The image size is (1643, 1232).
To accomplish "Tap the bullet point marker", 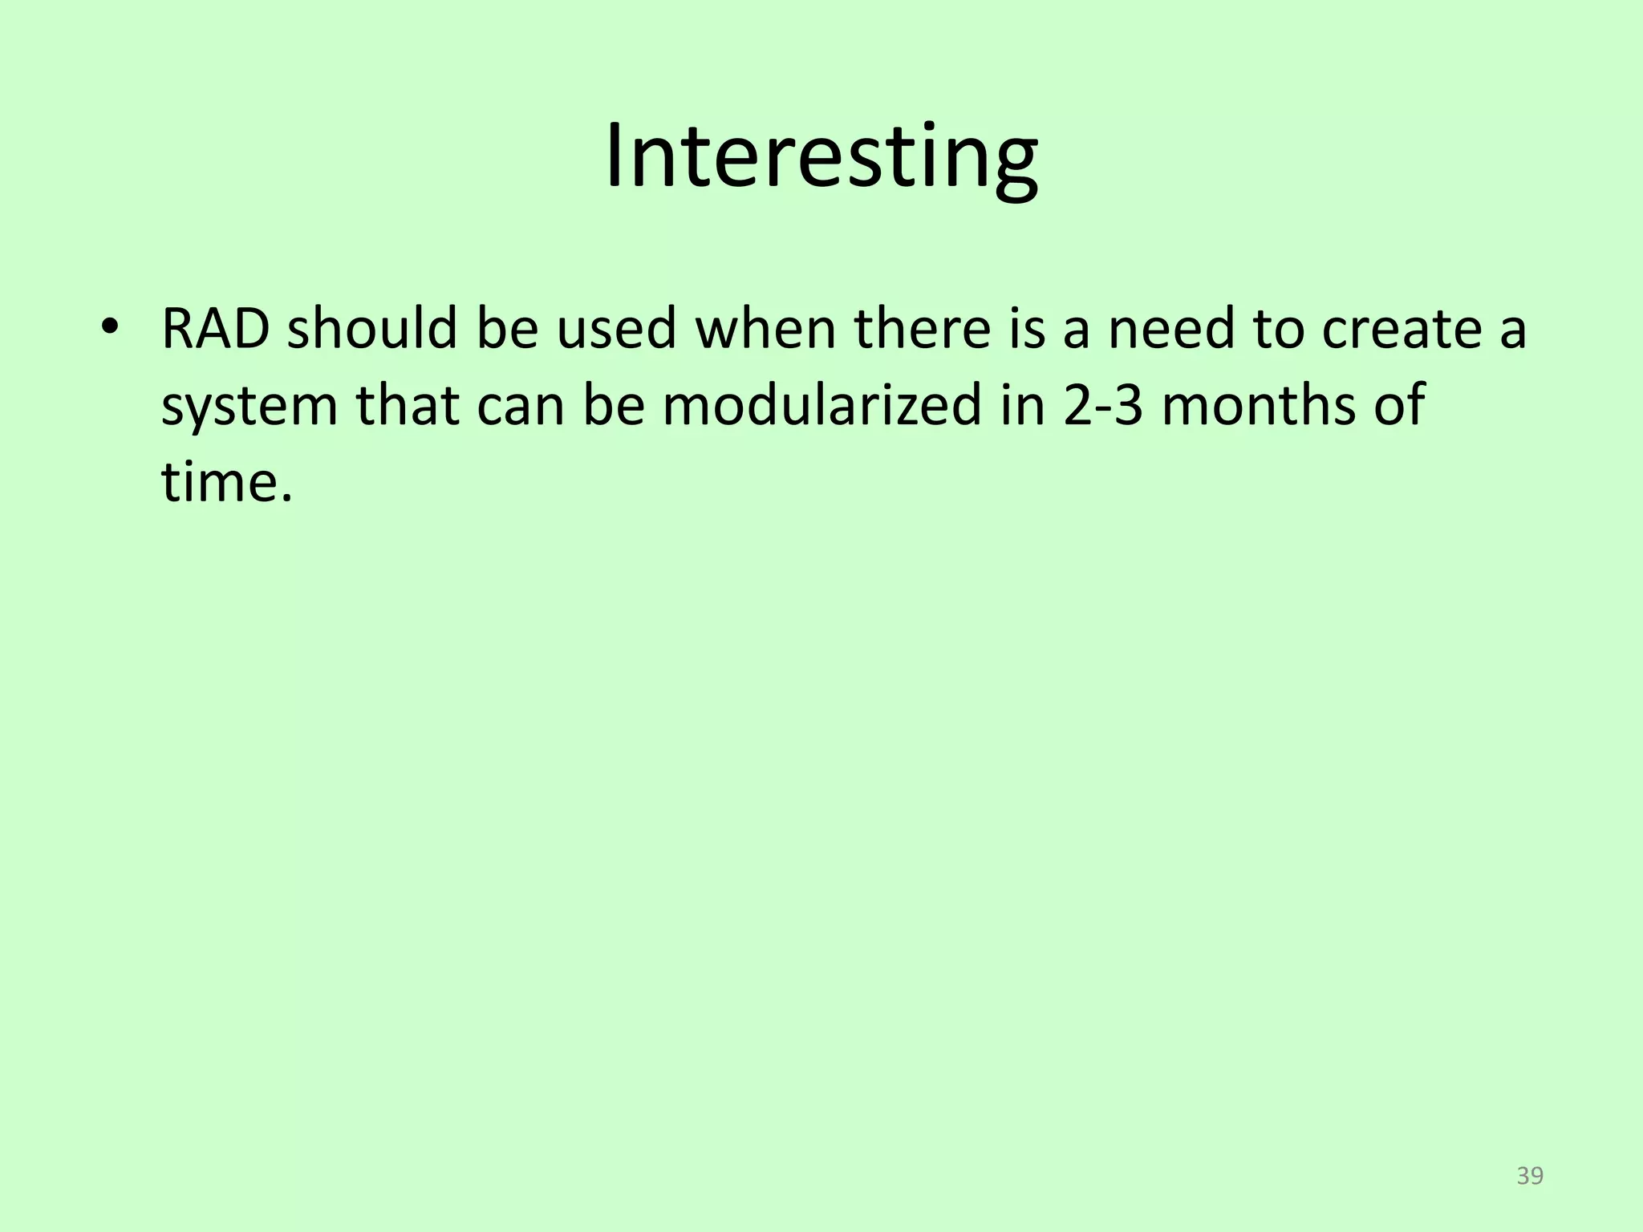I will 109,329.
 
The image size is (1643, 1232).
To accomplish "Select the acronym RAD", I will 215,329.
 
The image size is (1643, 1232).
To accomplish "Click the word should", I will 372,329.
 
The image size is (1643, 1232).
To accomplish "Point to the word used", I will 617,329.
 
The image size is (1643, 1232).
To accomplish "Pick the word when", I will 765,329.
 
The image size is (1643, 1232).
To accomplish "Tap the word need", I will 1171,329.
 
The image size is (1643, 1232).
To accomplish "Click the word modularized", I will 821,405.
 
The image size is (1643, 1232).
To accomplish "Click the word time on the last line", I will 217,481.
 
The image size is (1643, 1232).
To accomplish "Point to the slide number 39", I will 1530,1176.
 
